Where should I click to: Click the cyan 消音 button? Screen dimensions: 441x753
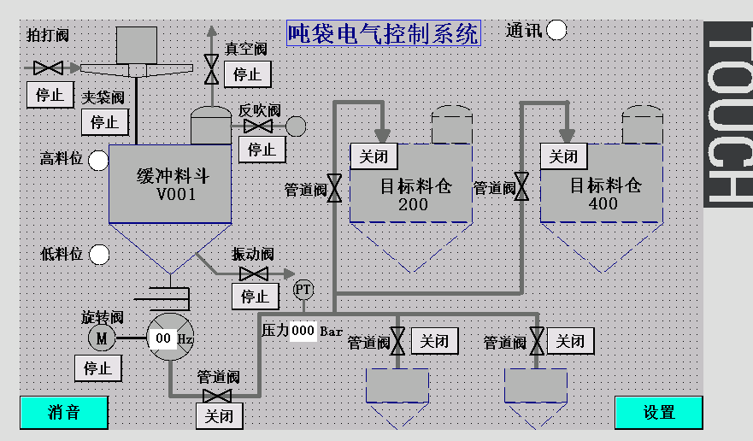64,412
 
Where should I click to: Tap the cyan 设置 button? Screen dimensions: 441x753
658,412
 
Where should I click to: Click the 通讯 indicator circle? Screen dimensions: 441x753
556,30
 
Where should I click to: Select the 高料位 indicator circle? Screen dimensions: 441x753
99,159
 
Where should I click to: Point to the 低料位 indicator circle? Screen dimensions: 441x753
99,255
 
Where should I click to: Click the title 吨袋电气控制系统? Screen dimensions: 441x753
383,33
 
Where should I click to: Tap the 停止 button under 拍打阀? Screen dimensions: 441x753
50,95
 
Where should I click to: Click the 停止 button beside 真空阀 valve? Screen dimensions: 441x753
247,74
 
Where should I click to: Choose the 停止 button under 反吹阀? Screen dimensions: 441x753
262,150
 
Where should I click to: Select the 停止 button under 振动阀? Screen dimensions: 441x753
255,297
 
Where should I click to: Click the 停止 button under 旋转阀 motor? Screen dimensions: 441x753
97,368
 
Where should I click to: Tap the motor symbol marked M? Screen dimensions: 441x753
101,338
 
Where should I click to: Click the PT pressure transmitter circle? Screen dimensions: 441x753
303,290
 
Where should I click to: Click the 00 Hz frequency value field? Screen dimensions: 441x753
163,338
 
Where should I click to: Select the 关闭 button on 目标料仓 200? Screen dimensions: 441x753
374,156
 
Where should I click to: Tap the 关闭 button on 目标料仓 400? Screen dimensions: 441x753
563,156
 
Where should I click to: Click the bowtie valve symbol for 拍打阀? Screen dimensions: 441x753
48,67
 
